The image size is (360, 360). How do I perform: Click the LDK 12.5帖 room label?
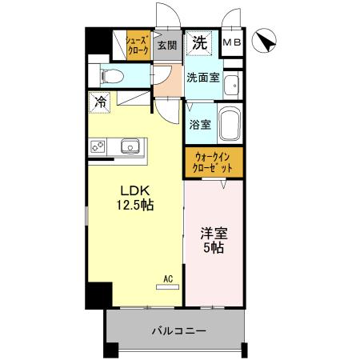point(135,198)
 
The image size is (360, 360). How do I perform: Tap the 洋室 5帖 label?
point(214,240)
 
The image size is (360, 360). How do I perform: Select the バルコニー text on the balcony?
point(179,331)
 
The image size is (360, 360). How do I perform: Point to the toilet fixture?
point(113,76)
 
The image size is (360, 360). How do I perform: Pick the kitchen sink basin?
point(130,146)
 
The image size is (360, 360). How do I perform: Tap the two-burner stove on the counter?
point(98,147)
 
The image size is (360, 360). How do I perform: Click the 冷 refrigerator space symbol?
point(99,102)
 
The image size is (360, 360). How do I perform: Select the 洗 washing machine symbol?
point(199,43)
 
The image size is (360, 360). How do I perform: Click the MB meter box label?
point(232,42)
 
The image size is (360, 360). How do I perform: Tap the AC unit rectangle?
point(168,287)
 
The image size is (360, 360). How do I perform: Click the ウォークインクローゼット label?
point(212,162)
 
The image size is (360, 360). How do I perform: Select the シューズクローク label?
point(138,46)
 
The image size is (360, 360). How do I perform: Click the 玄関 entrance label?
point(167,46)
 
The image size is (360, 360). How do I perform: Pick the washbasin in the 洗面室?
point(231,85)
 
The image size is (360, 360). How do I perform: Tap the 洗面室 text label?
point(203,78)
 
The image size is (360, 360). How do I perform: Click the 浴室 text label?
point(200,125)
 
